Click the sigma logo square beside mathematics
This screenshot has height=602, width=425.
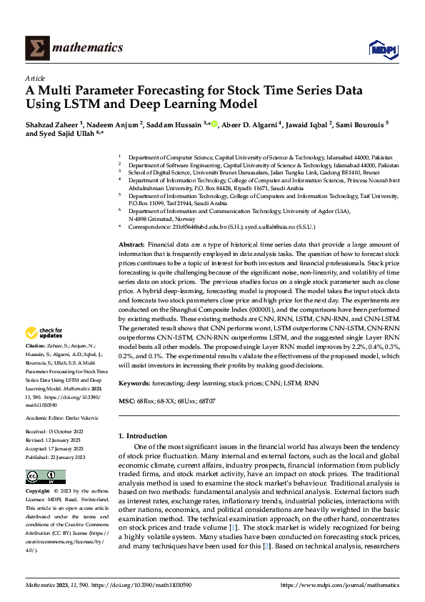pos(38,49)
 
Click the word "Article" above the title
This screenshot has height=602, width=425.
pos(35,78)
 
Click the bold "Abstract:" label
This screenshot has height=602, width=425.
pos(132,245)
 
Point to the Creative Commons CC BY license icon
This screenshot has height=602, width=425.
pos(46,476)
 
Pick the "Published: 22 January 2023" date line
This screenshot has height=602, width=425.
pos(56,456)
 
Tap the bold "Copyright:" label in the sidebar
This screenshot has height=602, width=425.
pos(38,491)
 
